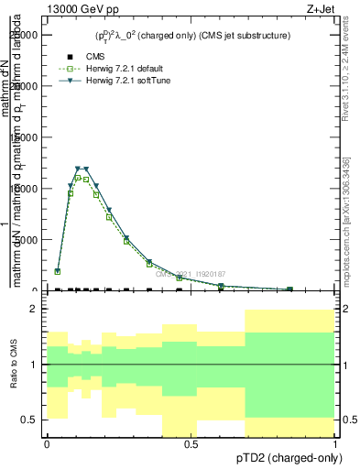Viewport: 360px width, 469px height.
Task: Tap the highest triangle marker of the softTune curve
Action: click(x=79, y=169)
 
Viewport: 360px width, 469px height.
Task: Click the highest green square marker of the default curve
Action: click(x=79, y=178)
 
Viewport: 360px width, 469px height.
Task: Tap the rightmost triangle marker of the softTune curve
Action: click(x=290, y=289)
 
